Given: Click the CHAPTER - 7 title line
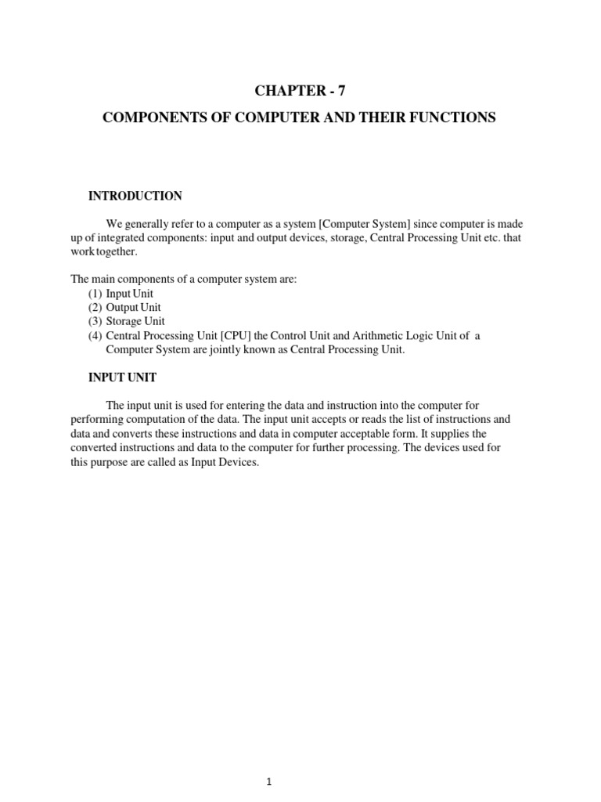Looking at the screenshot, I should tap(300, 92).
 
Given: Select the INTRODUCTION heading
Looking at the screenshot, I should tap(135, 196).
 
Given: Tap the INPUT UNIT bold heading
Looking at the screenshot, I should tap(122, 378).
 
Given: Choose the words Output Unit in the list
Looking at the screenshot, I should tap(133, 308).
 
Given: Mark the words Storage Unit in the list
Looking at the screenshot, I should tap(135, 322).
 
